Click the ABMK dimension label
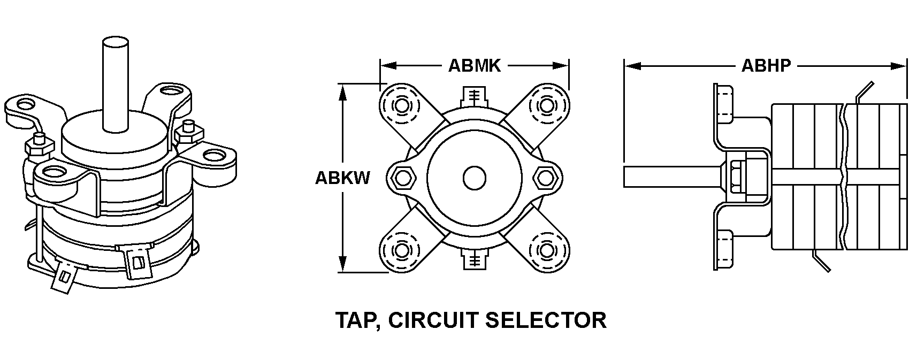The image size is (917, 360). (474, 66)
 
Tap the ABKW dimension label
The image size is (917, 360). (342, 178)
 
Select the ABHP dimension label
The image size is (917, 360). (766, 66)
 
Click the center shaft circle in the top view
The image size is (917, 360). (474, 178)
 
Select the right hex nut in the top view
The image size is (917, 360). (545, 178)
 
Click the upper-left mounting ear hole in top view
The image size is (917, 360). (400, 105)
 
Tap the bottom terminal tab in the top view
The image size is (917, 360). (473, 260)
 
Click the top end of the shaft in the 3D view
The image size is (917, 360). (116, 43)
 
